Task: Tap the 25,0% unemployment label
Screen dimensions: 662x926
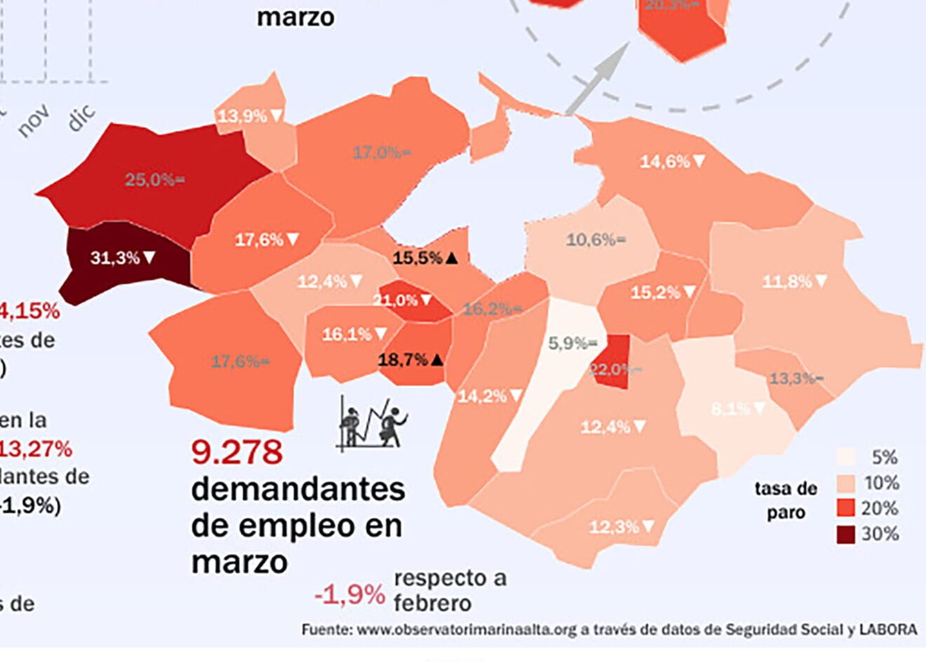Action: point(154,180)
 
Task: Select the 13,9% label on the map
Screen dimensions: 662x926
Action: point(250,116)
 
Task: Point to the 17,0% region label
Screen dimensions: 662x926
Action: point(382,152)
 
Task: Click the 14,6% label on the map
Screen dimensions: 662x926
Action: point(672,161)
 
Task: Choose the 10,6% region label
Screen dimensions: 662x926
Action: point(596,240)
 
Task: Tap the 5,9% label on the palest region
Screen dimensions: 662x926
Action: point(572,343)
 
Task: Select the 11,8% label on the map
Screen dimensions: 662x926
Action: point(794,282)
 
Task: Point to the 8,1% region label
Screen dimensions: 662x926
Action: point(739,408)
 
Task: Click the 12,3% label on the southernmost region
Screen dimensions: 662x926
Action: point(621,526)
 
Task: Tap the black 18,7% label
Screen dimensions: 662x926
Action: point(410,360)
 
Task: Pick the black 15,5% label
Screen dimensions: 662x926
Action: point(425,258)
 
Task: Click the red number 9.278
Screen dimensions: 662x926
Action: point(237,452)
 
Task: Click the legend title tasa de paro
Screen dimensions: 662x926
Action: point(786,501)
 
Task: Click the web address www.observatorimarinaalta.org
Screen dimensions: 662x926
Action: point(467,630)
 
